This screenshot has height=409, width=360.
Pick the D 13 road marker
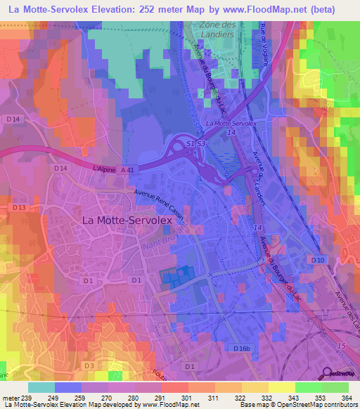(18, 208)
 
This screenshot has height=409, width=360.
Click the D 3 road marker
(89, 366)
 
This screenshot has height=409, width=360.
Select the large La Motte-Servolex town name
(127, 220)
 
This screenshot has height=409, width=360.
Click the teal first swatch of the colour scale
(41, 387)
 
